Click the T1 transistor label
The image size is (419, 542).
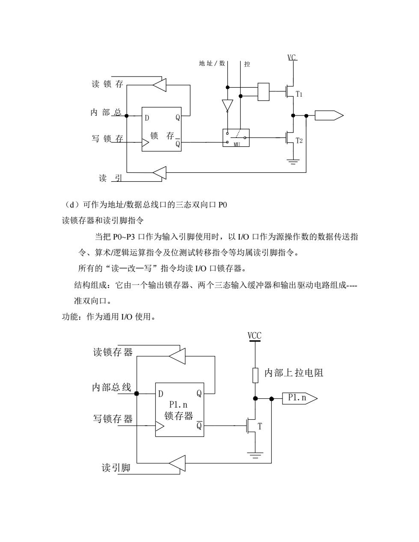(299, 94)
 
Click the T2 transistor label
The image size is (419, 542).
(299, 141)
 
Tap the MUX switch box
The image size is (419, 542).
(236, 138)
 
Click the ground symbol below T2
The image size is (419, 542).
(293, 162)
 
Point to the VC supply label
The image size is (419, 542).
(292, 57)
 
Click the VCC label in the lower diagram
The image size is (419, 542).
(254, 335)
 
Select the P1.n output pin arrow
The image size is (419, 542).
(300, 399)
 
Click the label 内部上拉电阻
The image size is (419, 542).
(294, 373)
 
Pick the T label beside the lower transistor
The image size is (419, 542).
(260, 426)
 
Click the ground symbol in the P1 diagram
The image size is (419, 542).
(255, 456)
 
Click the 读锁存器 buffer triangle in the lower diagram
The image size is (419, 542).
(177, 356)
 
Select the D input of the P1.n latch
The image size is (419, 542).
(161, 394)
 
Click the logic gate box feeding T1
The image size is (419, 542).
(263, 92)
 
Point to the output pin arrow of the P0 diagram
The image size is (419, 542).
(329, 116)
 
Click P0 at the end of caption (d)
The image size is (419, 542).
(223, 205)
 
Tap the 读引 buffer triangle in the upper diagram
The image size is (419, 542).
(160, 172)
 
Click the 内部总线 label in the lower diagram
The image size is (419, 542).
(112, 387)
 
